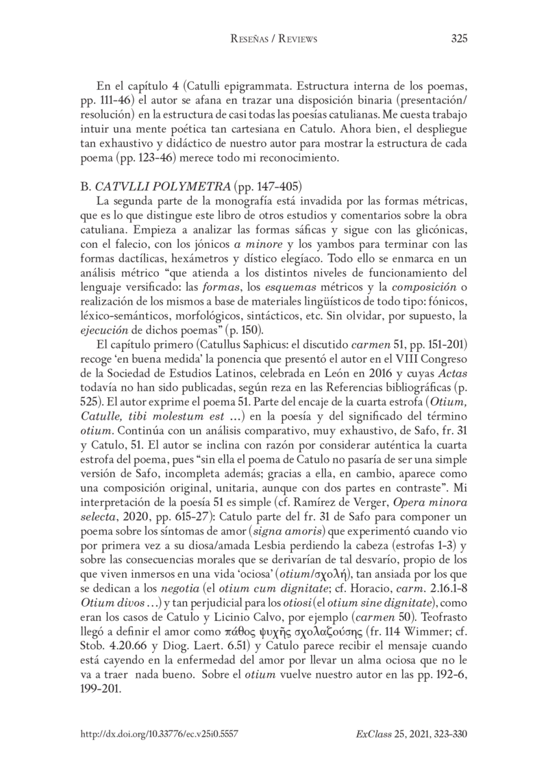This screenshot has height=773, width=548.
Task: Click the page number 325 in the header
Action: [x=460, y=39]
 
